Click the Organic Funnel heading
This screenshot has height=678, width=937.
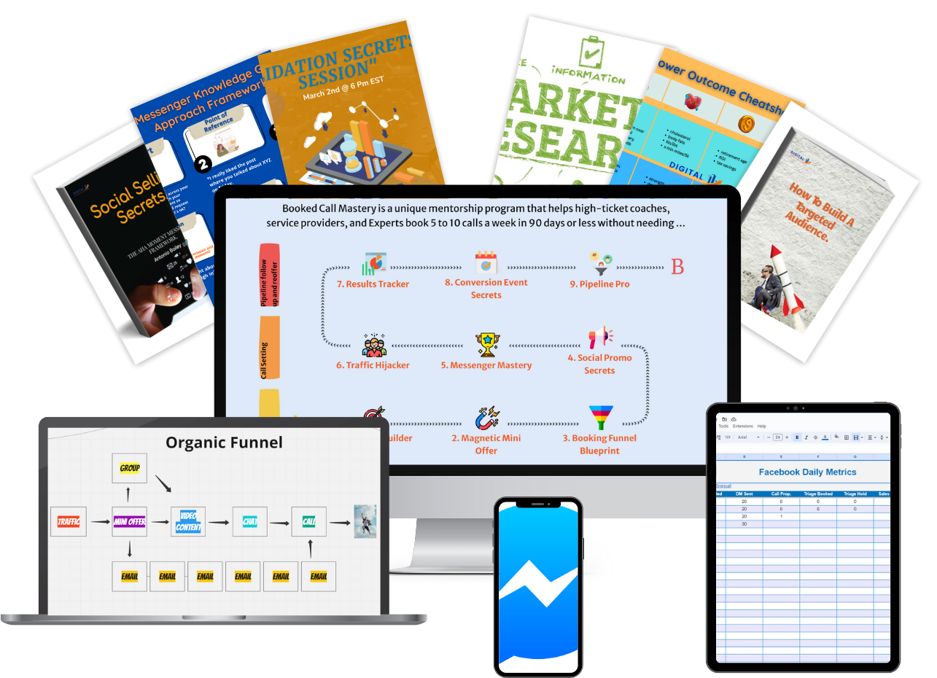coord(224,442)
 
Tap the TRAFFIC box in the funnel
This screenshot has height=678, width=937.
coord(69,521)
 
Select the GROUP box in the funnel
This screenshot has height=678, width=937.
coord(130,467)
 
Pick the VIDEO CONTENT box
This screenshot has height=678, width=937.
coord(188,521)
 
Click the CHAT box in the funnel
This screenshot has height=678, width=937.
coord(250,521)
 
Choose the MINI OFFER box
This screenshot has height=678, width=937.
coord(130,521)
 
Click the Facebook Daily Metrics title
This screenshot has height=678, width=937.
coord(807,472)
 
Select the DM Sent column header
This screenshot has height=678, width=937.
coord(744,494)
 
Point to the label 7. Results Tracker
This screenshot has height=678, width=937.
coord(373,284)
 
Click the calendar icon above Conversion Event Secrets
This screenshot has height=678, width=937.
coord(486,262)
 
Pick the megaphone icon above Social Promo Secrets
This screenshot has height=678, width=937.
coord(599,338)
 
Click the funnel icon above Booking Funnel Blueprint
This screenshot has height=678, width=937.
coord(601,417)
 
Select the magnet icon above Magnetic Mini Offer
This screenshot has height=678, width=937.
coord(486,418)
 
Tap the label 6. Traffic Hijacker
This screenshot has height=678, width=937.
coord(373,365)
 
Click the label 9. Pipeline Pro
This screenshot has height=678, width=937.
coord(599,284)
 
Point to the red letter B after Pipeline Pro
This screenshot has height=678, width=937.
coord(677,268)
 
